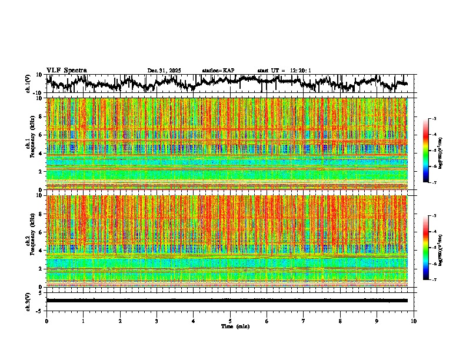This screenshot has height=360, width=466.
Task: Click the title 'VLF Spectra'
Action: click(66, 70)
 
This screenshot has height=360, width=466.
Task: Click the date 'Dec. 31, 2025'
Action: click(164, 71)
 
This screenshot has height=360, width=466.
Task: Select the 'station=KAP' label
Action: click(218, 71)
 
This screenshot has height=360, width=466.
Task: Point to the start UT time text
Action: click(284, 71)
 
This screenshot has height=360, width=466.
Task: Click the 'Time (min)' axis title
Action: click(235, 326)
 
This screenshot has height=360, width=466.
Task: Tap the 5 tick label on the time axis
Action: click(230, 321)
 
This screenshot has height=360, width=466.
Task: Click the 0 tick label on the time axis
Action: click(46, 321)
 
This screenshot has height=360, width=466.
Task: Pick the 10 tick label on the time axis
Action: click(414, 321)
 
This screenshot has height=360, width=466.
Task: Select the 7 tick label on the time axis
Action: click(304, 321)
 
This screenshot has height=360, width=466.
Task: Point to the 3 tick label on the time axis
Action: click(157, 321)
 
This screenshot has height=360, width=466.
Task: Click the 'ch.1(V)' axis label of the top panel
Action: click(28, 84)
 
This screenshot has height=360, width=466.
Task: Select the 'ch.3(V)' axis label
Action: click(28, 300)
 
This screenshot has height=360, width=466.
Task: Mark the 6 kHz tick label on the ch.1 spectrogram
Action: click(41, 135)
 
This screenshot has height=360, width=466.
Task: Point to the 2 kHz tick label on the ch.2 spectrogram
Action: click(41, 269)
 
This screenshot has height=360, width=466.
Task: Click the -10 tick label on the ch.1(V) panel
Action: click(37, 93)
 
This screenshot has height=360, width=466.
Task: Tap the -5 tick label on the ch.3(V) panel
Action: click(39, 309)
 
